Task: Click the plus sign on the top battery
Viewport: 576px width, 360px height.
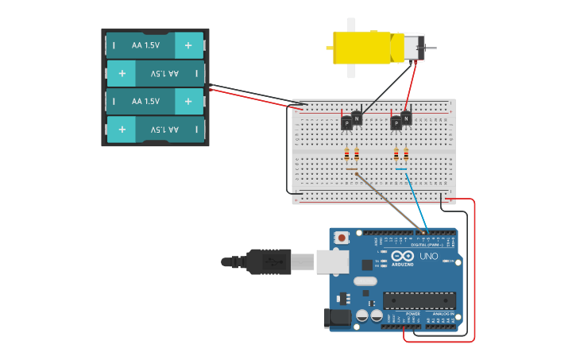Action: click(x=188, y=45)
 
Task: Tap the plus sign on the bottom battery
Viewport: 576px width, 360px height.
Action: click(x=122, y=129)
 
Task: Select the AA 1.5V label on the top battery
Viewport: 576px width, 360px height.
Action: click(x=146, y=45)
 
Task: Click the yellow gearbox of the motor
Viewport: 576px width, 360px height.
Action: click(x=361, y=48)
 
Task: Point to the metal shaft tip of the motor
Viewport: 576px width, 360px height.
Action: click(x=431, y=48)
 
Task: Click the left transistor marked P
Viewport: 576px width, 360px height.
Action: click(x=346, y=123)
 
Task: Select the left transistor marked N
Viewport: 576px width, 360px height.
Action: click(x=357, y=118)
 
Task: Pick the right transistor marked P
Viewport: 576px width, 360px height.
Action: click(x=396, y=123)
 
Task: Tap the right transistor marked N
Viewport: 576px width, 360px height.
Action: click(x=406, y=118)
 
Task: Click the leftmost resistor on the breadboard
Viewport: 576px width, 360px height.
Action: click(x=346, y=154)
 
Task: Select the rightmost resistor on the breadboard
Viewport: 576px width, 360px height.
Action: click(x=406, y=154)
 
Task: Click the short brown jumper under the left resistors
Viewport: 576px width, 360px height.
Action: click(x=351, y=168)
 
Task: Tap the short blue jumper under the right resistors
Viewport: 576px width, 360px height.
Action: click(x=400, y=168)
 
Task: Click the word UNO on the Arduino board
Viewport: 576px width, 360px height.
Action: click(x=428, y=256)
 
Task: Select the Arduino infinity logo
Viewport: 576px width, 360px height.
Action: click(x=402, y=256)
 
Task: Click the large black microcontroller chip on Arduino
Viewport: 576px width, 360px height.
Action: click(x=419, y=300)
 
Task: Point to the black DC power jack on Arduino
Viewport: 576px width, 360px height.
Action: click(x=337, y=319)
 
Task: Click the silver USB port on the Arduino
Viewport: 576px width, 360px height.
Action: click(x=333, y=261)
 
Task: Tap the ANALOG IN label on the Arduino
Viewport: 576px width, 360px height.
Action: click(x=442, y=314)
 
